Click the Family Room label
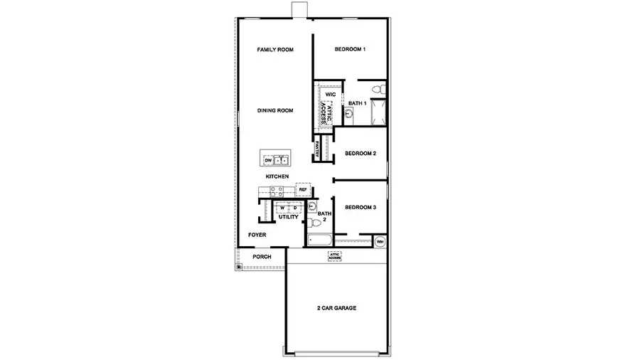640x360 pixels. (x=275, y=50)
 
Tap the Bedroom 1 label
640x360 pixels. (x=350, y=50)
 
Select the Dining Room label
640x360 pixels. (x=275, y=110)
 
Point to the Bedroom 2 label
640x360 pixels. (x=361, y=154)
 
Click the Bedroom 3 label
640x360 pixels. (x=361, y=208)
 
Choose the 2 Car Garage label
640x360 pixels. (x=336, y=308)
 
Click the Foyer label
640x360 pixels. (x=257, y=235)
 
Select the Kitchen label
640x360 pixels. (x=277, y=176)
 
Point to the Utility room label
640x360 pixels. (x=288, y=217)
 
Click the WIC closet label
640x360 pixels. (x=330, y=94)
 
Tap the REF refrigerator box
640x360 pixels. (x=302, y=190)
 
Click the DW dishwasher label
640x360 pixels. (x=269, y=161)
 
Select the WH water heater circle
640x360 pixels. (x=380, y=242)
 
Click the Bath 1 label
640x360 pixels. (x=357, y=104)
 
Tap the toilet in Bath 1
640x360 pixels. (x=381, y=90)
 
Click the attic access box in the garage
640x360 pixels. (x=334, y=256)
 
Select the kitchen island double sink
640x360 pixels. (x=284, y=161)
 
